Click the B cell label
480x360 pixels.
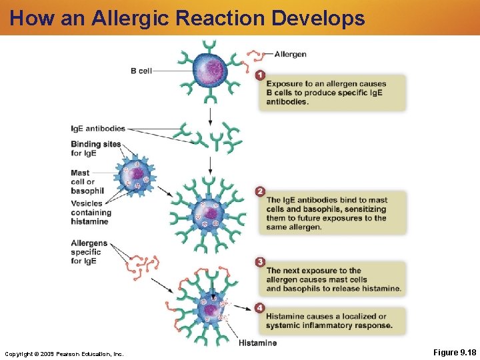[x=141, y=71]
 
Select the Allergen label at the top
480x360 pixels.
[x=290, y=54]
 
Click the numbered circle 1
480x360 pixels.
[x=260, y=75]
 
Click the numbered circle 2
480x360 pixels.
[x=260, y=191]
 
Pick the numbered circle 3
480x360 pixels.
[x=260, y=262]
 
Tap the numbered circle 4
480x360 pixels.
[x=260, y=308]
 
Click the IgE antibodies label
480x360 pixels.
[x=98, y=129]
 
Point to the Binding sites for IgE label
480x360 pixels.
[x=95, y=149]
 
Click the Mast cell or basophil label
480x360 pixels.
[x=87, y=182]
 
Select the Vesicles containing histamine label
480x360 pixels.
[x=91, y=212]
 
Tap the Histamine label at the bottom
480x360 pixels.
[x=257, y=343]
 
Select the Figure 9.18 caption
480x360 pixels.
[x=455, y=352]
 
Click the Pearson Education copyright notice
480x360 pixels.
[x=64, y=353]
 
